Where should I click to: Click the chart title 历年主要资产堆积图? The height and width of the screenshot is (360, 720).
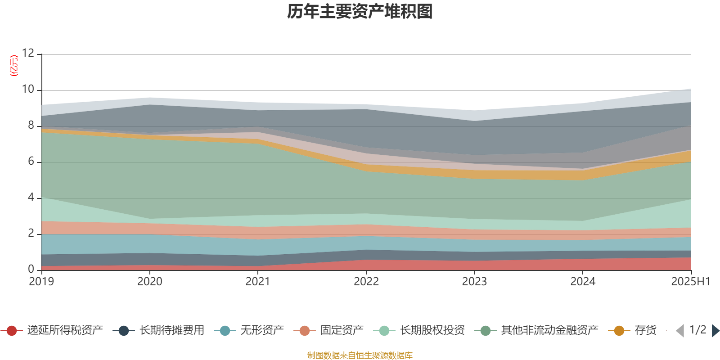click(360, 12)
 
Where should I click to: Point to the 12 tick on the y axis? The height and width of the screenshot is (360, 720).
click(28, 53)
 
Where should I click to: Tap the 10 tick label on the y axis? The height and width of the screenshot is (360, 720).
click(28, 89)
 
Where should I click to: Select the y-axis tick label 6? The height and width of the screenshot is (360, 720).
click(31, 161)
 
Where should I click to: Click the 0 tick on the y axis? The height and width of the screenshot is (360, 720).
click(31, 269)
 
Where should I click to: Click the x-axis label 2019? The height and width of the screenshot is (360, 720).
click(41, 282)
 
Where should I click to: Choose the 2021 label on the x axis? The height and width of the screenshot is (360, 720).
click(258, 282)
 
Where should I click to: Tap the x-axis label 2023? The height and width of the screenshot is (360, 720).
click(474, 282)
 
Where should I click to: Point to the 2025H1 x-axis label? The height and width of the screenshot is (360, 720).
click(691, 282)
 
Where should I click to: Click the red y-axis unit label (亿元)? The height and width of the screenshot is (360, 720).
click(14, 66)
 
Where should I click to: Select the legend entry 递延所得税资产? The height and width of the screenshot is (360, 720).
click(51, 330)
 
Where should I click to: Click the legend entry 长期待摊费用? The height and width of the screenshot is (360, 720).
click(158, 330)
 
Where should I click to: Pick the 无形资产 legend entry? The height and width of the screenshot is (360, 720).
click(249, 330)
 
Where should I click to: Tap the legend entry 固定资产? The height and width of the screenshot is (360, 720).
click(328, 330)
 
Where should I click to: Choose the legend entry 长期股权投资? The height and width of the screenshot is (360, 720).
click(419, 330)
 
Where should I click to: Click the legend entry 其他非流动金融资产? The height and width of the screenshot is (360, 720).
click(536, 330)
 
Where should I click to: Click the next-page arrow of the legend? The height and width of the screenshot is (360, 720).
click(715, 330)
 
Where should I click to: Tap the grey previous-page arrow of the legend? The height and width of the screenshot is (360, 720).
click(680, 330)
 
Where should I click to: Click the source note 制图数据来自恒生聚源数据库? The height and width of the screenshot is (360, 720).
click(360, 355)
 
